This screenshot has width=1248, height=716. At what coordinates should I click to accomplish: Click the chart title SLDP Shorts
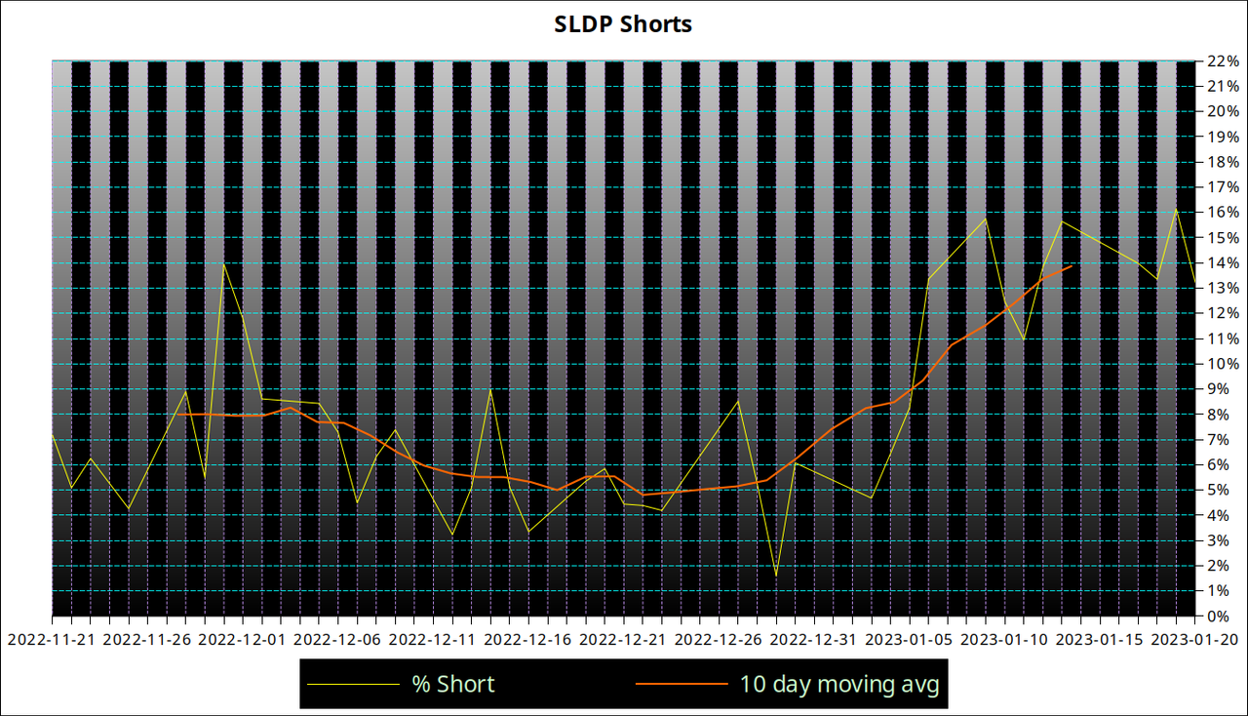tap(623, 24)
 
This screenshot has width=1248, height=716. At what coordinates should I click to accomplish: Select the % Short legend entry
tap(452, 684)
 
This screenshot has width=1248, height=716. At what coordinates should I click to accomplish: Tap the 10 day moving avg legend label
tap(838, 684)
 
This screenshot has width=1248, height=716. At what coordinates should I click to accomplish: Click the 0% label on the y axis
tap(1219, 617)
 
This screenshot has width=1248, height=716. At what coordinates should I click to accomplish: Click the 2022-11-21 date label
tap(51, 640)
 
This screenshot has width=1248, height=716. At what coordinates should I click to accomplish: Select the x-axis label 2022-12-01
tap(242, 640)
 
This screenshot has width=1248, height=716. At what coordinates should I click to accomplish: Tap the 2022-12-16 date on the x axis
tap(528, 640)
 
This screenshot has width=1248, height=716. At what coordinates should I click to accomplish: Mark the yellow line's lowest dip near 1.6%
tap(776, 576)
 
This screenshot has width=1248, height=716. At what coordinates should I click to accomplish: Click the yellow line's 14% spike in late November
tap(224, 263)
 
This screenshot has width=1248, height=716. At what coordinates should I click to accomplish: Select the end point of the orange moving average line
tap(1072, 265)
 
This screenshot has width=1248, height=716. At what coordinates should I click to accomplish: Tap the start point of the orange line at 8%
tap(176, 415)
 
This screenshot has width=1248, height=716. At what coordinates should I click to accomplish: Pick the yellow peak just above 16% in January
tap(1177, 210)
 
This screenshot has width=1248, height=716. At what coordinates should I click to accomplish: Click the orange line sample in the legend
tap(682, 684)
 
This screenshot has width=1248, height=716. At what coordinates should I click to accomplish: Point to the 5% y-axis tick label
tap(1219, 490)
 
